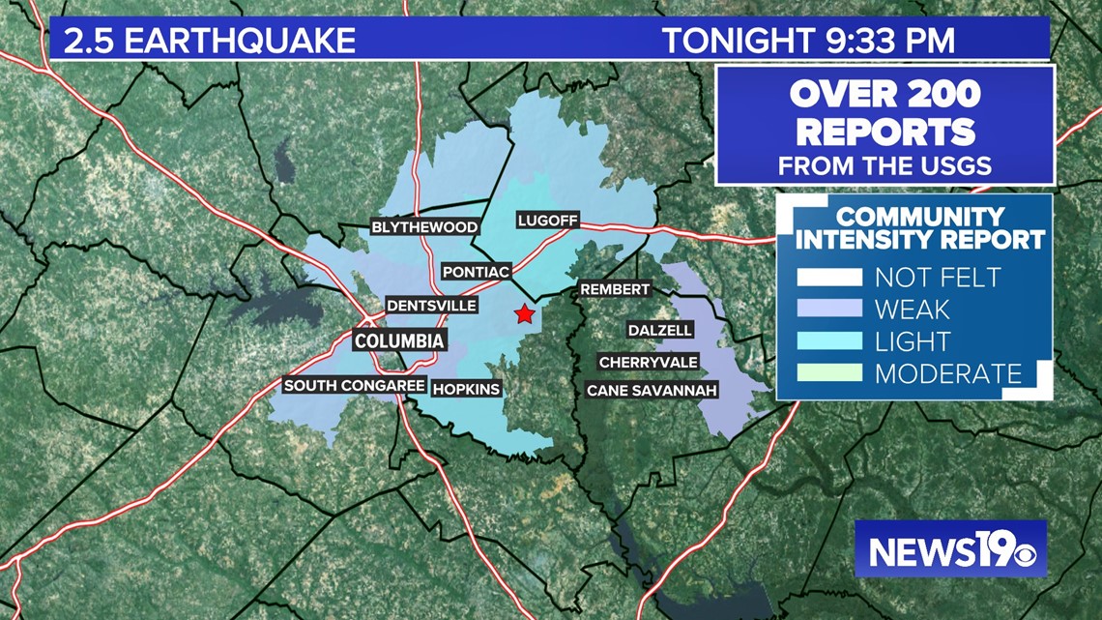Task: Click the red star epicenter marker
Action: coord(524,313)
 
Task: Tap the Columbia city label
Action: coord(399,340)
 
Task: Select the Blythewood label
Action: coord(425,227)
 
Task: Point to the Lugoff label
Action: coord(547,221)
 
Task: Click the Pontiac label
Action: coord(476,272)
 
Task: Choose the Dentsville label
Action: coord(431,306)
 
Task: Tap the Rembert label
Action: coord(615,289)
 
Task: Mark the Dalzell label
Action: coord(660,330)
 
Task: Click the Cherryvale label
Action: coord(648,362)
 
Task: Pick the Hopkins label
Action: coord(467,389)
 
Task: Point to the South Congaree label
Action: coord(354,385)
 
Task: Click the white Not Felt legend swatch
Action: coord(828,278)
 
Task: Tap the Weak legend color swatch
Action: coord(828,310)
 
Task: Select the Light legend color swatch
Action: coord(828,340)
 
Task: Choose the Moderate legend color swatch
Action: coord(828,372)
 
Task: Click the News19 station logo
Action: coord(950,549)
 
